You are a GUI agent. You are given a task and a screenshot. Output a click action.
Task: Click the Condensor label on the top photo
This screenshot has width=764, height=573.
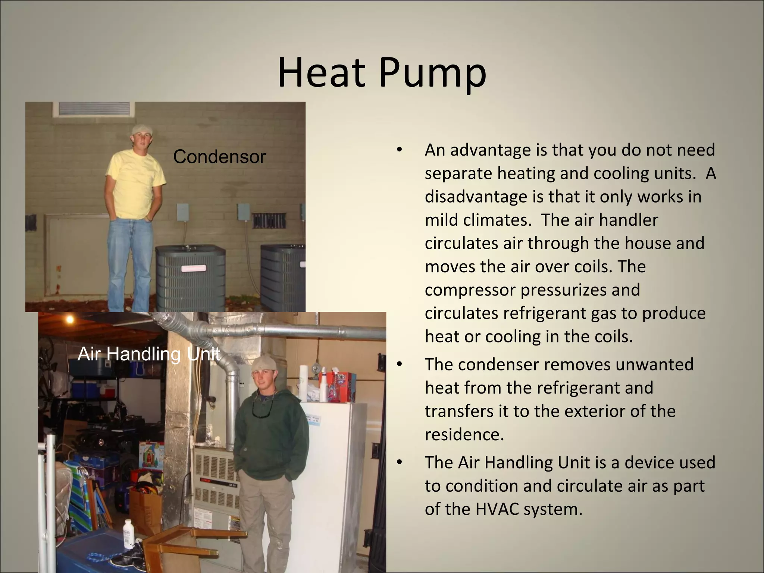(x=219, y=157)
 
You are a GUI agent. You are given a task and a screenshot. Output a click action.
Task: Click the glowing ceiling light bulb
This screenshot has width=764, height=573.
(x=69, y=319)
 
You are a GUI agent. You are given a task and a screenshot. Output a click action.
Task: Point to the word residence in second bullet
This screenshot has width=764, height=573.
(x=464, y=435)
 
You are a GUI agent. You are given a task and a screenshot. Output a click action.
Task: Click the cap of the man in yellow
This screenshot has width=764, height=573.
(x=141, y=129)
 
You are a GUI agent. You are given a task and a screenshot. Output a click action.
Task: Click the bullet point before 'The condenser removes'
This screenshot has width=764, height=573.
(x=400, y=364)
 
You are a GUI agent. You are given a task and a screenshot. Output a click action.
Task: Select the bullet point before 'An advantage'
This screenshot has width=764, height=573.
(x=400, y=150)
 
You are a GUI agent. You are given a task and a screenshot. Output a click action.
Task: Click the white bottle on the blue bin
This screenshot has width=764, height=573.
(x=128, y=533)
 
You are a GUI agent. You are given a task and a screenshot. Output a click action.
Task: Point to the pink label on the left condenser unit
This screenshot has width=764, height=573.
(x=193, y=268)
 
